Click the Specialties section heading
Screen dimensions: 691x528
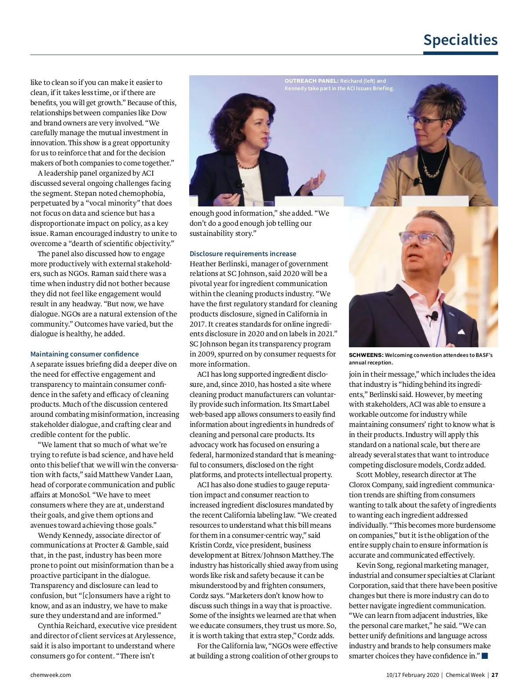coord(460,40)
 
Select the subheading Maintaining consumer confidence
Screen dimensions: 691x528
coord(84,354)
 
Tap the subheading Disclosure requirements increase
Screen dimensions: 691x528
coord(243,254)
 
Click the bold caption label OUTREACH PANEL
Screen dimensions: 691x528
coord(312,81)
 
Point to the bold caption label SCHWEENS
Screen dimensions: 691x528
coord(366,355)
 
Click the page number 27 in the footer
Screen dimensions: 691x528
coord(495,675)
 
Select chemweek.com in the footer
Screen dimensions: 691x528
coord(51,675)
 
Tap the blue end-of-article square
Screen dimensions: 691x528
coord(485,656)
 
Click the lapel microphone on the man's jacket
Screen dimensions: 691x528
coord(434,316)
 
